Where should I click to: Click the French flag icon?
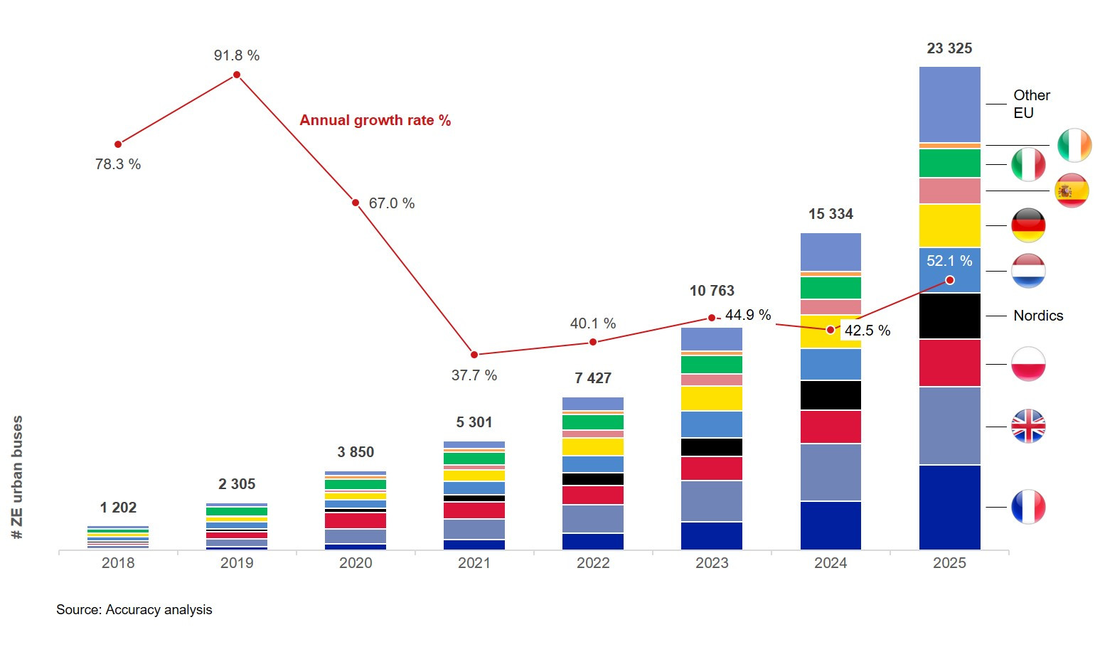coord(1028,507)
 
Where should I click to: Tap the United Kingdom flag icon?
coord(1028,427)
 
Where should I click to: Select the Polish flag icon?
coord(1028,363)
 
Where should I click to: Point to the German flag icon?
coord(1028,225)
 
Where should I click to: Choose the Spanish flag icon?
coord(1072,191)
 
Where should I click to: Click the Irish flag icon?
coord(1074,145)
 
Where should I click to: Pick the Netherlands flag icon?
coord(1028,271)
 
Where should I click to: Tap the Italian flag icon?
coord(1028,164)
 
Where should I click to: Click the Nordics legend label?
coord(1038,316)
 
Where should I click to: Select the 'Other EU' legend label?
coord(1031,104)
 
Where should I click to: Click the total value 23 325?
coord(949,48)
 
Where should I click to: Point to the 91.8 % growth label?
coord(237,55)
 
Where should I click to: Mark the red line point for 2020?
coord(356,203)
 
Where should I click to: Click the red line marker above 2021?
coord(474,354)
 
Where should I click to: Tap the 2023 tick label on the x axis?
coord(712,563)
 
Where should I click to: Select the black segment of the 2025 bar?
coord(949,316)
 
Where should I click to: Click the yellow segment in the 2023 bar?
coord(712,398)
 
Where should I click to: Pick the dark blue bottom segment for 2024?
coord(831,525)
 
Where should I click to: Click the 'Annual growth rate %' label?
coord(375,120)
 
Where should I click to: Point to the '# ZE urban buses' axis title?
coord(18,477)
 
